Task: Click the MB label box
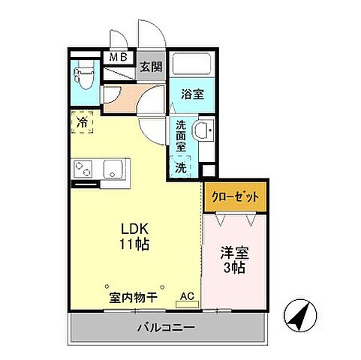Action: (x=119, y=56)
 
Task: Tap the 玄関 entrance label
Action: (x=149, y=66)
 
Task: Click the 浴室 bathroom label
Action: (x=192, y=94)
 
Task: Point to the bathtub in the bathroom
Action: (x=191, y=64)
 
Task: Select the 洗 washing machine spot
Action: (x=181, y=167)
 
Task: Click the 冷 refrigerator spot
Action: (x=81, y=122)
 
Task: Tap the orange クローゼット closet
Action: (x=235, y=196)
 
